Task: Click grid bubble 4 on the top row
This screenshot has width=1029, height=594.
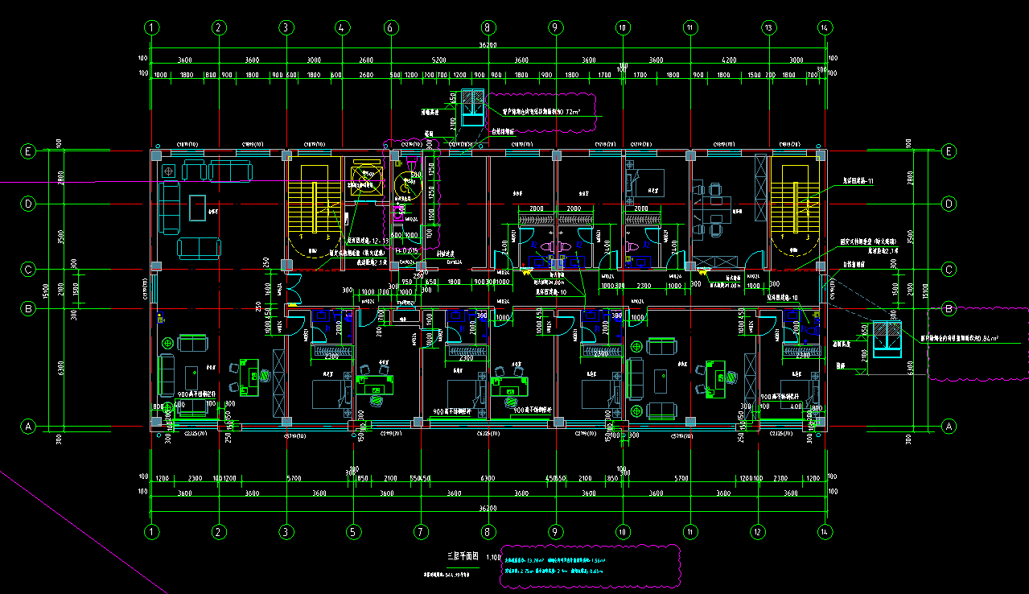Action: coord(342,27)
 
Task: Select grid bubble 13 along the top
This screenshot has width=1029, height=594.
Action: coord(768,27)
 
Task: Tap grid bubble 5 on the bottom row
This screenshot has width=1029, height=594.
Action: coord(352,531)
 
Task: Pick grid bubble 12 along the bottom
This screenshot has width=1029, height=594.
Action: coord(757,531)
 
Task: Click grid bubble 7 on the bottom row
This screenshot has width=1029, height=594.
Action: coord(419,531)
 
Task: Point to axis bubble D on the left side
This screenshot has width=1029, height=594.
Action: coord(28,204)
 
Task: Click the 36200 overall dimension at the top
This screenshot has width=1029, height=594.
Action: coord(488,46)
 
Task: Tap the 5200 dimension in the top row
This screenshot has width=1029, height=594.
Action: coord(438,60)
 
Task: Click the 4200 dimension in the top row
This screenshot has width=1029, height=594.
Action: coord(728,60)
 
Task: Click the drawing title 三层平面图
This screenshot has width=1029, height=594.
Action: coord(463,556)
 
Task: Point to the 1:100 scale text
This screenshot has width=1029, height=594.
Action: coord(494,556)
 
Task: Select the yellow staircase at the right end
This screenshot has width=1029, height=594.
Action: coord(796,201)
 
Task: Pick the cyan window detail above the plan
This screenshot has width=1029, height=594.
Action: coord(471,108)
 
